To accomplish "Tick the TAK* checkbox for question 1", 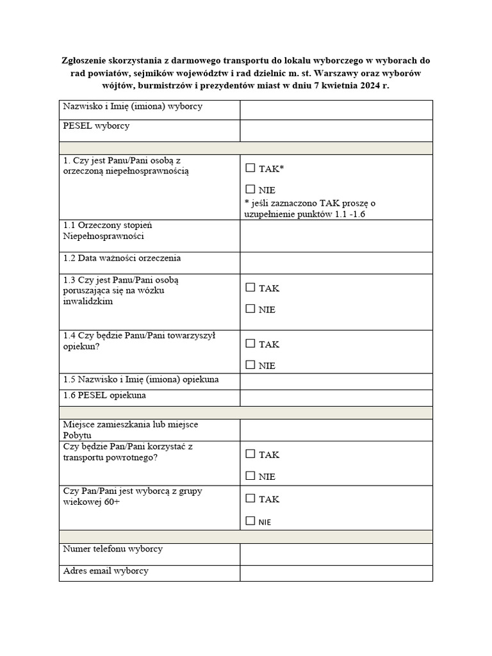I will pos(250,168).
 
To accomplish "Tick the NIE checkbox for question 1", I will pos(250,190).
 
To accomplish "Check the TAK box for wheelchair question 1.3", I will pos(250,288).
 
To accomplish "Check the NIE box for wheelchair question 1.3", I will pos(250,309).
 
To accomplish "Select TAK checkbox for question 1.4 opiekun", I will pos(250,343).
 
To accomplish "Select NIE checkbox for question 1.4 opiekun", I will pos(250,365).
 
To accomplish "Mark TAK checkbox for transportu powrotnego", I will pos(250,454).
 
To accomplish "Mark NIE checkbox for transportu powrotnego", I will pos(250,476).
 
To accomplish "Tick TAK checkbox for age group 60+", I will pos(250,498).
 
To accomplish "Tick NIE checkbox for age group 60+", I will pos(250,521).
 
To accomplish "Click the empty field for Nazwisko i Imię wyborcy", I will pos(336,110).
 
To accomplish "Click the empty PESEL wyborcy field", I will pos(336,131).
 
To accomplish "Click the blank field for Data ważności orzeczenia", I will pos(336,263).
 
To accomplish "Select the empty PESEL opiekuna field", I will pos(336,398).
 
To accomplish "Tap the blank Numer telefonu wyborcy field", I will pos(336,554).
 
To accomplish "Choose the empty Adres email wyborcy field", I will pos(336,573).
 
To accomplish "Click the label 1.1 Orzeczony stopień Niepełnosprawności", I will pos(108,231).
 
